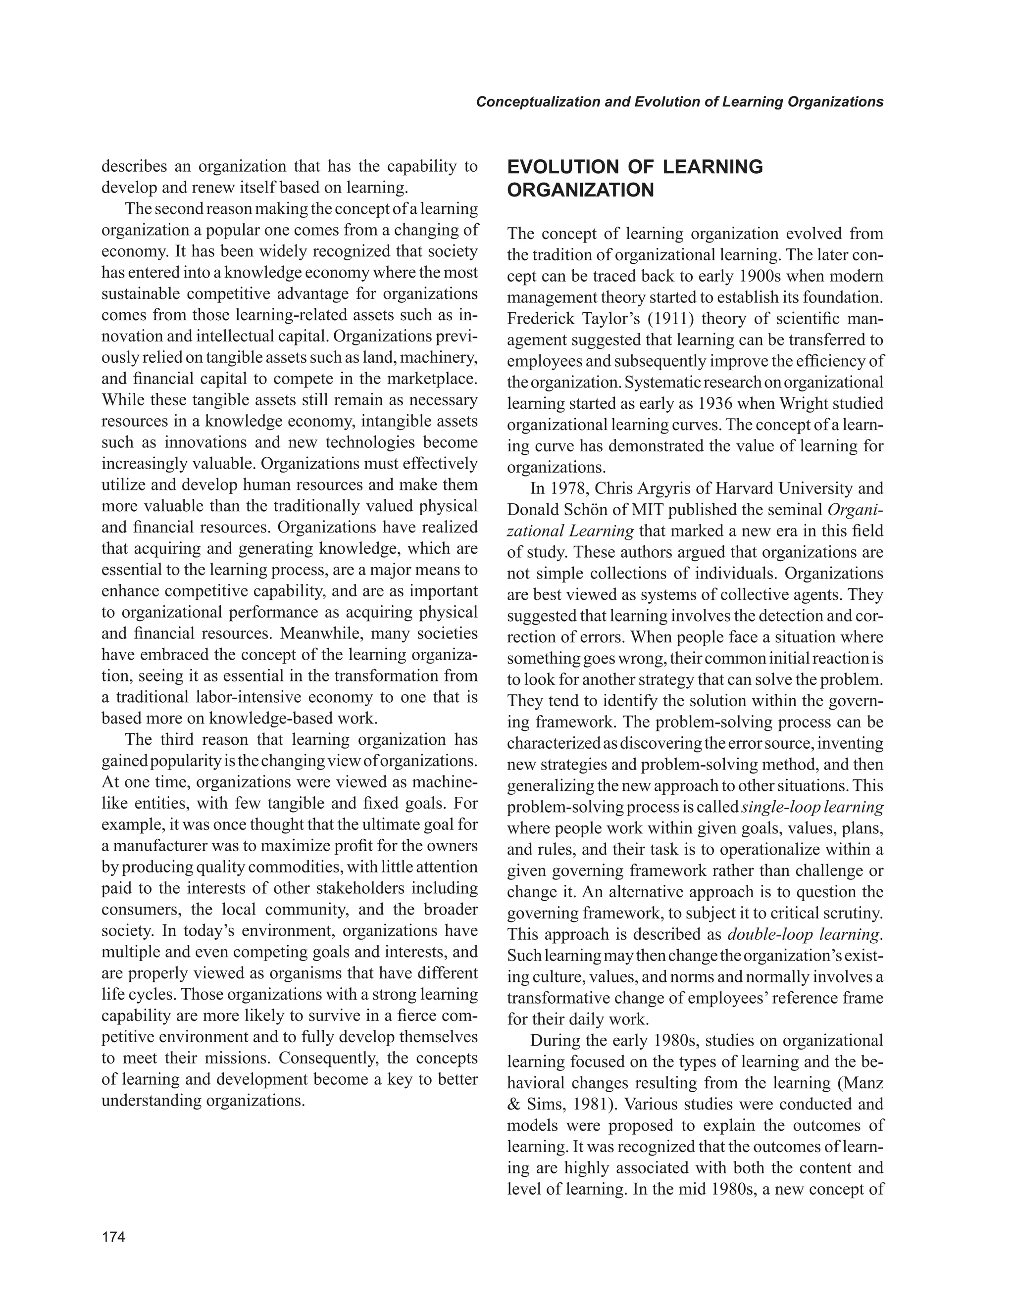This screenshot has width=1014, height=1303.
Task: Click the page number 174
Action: click(113, 1237)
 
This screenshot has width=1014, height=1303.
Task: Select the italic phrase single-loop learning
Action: click(813, 807)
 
